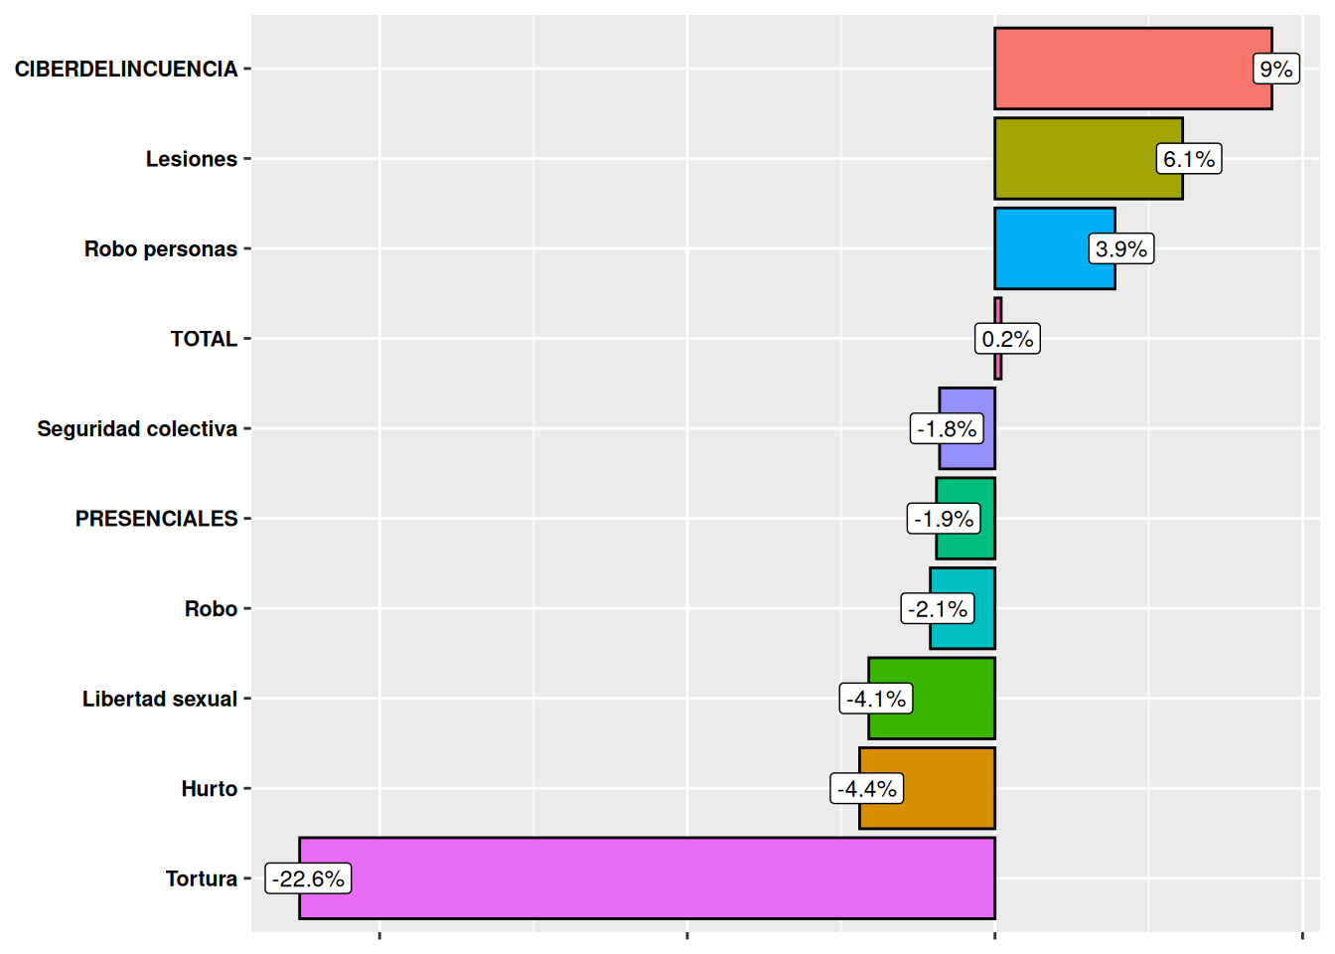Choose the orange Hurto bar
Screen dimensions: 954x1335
tap(944, 789)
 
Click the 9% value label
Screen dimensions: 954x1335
tap(1275, 69)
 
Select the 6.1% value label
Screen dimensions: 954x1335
tap(1189, 159)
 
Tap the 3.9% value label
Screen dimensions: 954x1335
tap(1121, 248)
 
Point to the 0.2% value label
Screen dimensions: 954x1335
tap(1007, 339)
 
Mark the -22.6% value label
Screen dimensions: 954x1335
tap(308, 878)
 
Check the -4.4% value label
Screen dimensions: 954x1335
tap(867, 789)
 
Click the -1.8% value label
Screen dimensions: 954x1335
tap(947, 429)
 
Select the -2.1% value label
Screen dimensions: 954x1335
tap(938, 609)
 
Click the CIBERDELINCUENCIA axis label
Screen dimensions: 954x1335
tap(126, 69)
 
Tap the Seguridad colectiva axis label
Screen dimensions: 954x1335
tap(137, 429)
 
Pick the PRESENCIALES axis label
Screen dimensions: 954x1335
tap(156, 519)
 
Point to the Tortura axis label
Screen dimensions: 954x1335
tap(202, 878)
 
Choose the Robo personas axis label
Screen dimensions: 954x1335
tap(161, 248)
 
